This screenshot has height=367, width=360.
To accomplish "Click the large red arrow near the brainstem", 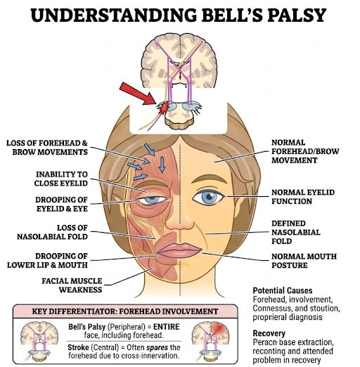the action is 138,94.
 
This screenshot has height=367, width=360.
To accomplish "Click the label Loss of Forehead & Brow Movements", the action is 47,148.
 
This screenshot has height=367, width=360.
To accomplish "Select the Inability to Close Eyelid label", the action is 61,179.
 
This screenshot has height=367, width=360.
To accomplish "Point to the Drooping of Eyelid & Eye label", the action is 62,204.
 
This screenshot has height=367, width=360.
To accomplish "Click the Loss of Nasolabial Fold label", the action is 52,232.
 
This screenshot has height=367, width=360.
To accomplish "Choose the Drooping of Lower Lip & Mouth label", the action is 47,260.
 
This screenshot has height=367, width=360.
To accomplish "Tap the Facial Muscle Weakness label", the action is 72,285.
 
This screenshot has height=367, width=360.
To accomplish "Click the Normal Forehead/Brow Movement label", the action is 305,151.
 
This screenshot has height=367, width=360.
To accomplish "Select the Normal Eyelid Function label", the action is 303,197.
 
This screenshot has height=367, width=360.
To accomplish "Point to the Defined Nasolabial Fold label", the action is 296,232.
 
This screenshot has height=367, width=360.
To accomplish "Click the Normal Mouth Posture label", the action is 304,261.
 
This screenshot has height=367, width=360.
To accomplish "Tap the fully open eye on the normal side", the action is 208,197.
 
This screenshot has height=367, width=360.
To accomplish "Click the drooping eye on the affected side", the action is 153,200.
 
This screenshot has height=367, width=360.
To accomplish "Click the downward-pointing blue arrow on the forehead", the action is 162,165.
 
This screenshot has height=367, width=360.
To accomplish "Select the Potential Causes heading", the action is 283,290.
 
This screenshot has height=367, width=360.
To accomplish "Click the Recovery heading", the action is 269,333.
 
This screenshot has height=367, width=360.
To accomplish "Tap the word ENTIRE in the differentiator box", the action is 167,327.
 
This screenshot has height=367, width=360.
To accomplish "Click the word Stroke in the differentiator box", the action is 78,347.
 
